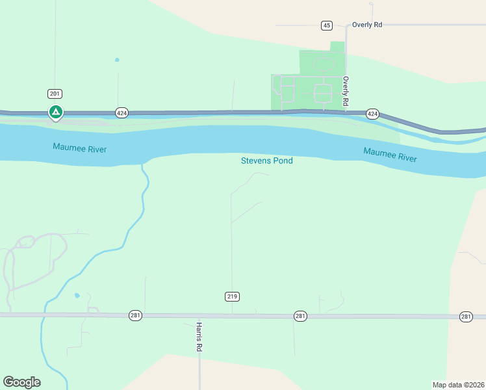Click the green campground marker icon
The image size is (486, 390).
pyautogui.click(x=56, y=112)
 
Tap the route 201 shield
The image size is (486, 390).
pyautogui.click(x=55, y=94)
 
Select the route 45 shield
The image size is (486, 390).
pyautogui.click(x=326, y=25)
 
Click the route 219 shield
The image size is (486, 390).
pyautogui.click(x=233, y=296)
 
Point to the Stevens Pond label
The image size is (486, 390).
pyautogui.click(x=266, y=161)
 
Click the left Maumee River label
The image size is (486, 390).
pyautogui.click(x=79, y=149)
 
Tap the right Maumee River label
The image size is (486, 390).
pyautogui.click(x=390, y=155)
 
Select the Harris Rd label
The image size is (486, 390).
pyautogui.click(x=200, y=337)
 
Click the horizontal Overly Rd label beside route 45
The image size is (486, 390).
pyautogui.click(x=367, y=25)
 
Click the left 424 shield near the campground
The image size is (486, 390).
pyautogui.click(x=122, y=112)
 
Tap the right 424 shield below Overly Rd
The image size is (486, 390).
pyautogui.click(x=372, y=114)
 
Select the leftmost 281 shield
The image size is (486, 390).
pyautogui.click(x=135, y=315)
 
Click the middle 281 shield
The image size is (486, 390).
pyautogui.click(x=300, y=316)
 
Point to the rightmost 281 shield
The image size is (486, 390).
pyautogui.click(x=465, y=317)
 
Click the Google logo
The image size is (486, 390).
pyautogui.click(x=21, y=382)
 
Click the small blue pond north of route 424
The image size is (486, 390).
pyautogui.click(x=117, y=60)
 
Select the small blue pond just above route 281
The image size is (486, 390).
pyautogui.click(x=77, y=296)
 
